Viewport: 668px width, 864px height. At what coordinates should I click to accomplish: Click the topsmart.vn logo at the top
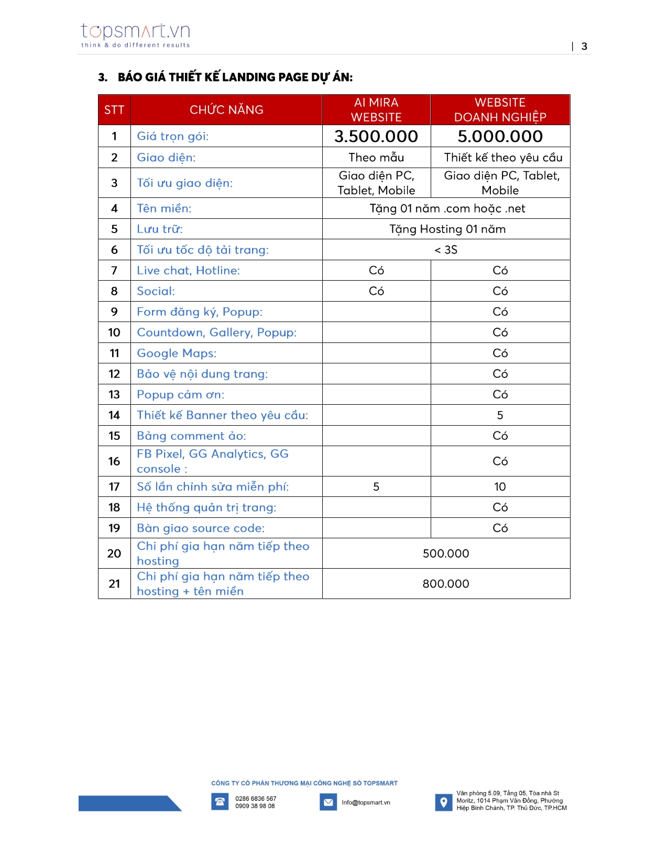135,35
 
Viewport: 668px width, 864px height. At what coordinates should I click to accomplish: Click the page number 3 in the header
584,47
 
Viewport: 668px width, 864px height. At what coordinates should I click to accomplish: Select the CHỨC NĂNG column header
226,110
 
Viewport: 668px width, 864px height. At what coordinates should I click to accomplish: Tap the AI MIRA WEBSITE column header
376,110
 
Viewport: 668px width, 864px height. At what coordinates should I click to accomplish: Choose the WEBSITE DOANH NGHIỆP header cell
500,110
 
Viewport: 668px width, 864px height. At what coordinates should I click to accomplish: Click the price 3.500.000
376,137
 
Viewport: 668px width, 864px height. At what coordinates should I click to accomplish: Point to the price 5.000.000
500,137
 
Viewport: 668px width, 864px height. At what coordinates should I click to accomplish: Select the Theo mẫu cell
376,158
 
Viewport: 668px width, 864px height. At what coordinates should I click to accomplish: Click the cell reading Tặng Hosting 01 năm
447,229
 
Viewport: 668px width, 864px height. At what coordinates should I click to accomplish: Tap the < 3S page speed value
446,250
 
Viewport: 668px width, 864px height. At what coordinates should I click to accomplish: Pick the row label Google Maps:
177,353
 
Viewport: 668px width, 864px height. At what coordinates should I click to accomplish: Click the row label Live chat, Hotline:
188,271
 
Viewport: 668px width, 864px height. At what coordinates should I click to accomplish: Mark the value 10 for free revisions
500,487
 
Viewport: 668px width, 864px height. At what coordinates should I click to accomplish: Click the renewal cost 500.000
446,554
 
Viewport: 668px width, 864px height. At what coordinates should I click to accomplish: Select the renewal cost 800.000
446,584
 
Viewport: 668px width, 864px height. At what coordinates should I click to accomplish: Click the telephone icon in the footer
220,802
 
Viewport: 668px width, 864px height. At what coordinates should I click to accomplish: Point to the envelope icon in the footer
328,802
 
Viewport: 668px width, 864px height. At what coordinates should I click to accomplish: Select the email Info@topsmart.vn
366,803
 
